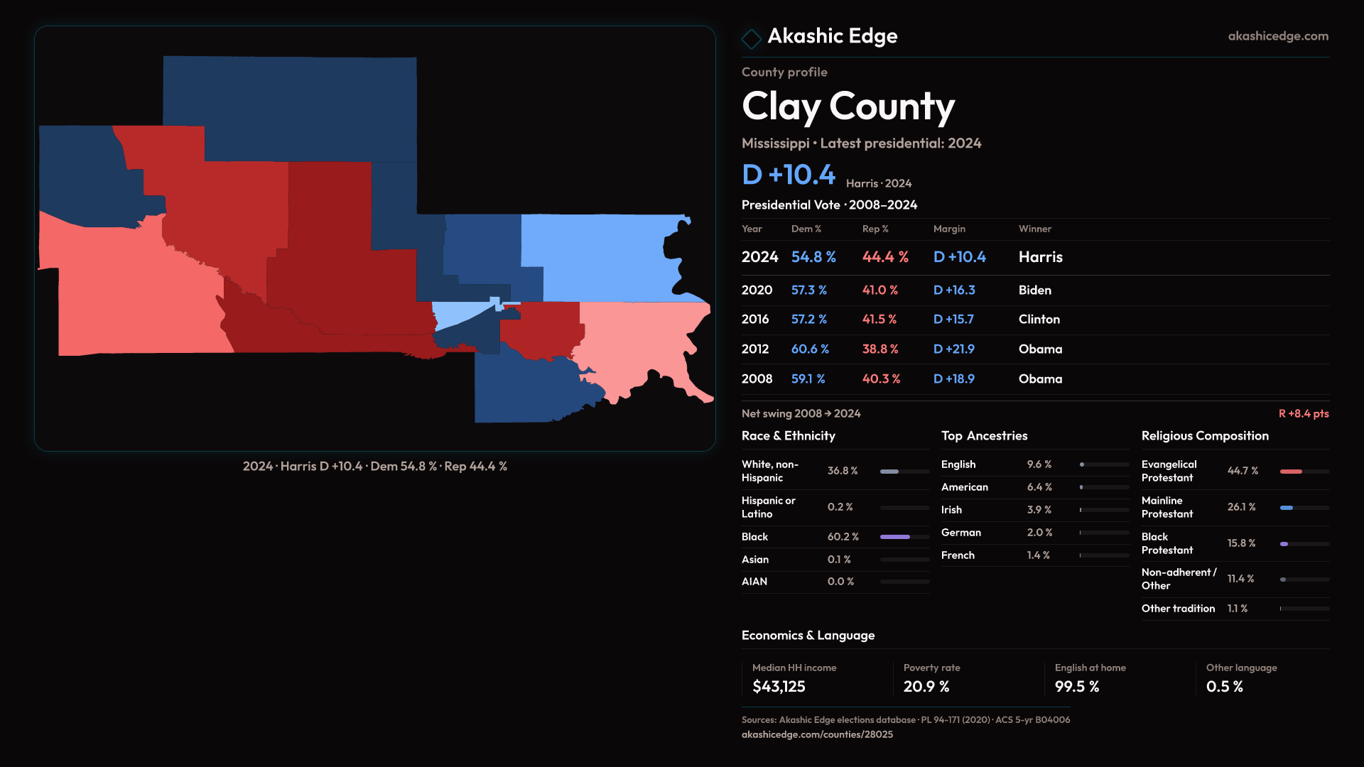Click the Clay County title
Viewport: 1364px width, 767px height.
[848, 107]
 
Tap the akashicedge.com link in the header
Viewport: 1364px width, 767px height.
[1278, 36]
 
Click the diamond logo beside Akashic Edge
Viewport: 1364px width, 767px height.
[751, 38]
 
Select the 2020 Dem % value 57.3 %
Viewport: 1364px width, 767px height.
[809, 290]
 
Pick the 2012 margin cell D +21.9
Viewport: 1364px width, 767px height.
[954, 349]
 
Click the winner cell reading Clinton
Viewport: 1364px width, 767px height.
[1039, 320]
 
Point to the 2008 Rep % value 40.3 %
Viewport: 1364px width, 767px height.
[881, 379]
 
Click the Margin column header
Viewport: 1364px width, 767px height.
[949, 229]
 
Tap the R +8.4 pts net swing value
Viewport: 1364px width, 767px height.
[1304, 414]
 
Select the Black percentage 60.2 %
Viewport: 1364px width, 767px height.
[843, 537]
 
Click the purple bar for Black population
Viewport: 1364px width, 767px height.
[895, 537]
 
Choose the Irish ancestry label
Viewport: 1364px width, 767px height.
[952, 510]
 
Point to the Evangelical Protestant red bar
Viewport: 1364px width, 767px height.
[1291, 472]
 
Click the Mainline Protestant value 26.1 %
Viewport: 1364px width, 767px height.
[1242, 507]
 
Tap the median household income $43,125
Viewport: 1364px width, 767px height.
[779, 687]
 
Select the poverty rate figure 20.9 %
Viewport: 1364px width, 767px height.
[926, 687]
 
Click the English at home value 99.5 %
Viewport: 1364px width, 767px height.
[1077, 687]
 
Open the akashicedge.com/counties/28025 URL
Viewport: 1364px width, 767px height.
[817, 735]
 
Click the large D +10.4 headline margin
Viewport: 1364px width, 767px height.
[789, 175]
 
